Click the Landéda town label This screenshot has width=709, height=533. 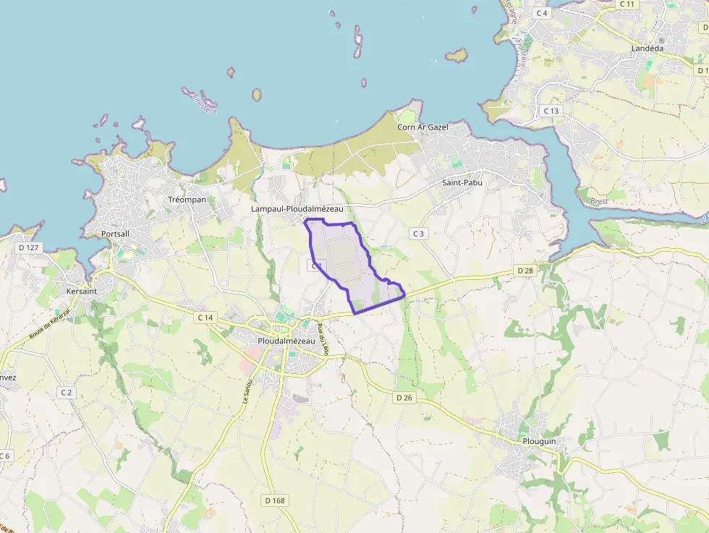pyautogui.click(x=647, y=48)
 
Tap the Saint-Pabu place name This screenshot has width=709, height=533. pyautogui.click(x=462, y=183)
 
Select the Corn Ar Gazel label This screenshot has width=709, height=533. pyautogui.click(x=423, y=127)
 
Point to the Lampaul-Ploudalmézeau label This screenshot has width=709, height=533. pyautogui.click(x=297, y=209)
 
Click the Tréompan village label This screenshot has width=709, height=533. pyautogui.click(x=187, y=200)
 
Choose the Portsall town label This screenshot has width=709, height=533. pyautogui.click(x=116, y=234)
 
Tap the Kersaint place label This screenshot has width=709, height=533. pyautogui.click(x=81, y=291)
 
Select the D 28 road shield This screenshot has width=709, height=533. pyautogui.click(x=525, y=270)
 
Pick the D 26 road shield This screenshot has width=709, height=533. pyautogui.click(x=404, y=398)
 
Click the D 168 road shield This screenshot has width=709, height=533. pyautogui.click(x=274, y=500)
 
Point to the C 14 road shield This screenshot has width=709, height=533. pyautogui.click(x=205, y=317)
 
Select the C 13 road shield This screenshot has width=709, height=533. pyautogui.click(x=551, y=111)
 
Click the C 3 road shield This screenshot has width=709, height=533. pyautogui.click(x=418, y=234)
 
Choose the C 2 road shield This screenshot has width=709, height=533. pyautogui.click(x=67, y=392)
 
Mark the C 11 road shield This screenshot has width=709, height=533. pyautogui.click(x=627, y=4)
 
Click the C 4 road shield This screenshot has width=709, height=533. pyautogui.click(x=541, y=13)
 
